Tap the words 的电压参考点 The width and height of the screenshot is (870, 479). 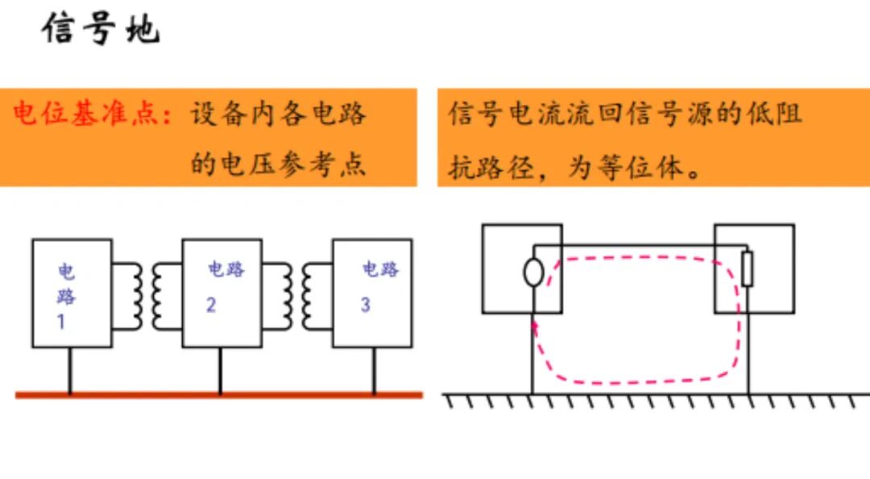(x=278, y=164)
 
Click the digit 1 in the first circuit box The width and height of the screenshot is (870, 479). (x=61, y=322)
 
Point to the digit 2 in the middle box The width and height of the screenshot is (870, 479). (x=211, y=305)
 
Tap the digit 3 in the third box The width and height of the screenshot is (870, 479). (x=365, y=305)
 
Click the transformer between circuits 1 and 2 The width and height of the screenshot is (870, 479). (x=147, y=296)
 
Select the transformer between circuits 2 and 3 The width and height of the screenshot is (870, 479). (x=297, y=296)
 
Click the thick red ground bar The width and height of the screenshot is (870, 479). (x=219, y=395)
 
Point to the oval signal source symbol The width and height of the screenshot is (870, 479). (x=533, y=273)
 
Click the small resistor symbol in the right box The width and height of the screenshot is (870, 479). (x=748, y=269)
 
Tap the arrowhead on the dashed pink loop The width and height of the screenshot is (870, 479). (x=534, y=327)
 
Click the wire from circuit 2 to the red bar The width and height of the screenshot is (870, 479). (x=220, y=371)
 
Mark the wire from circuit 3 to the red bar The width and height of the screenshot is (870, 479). (x=374, y=371)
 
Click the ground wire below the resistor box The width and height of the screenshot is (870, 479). (x=748, y=353)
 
